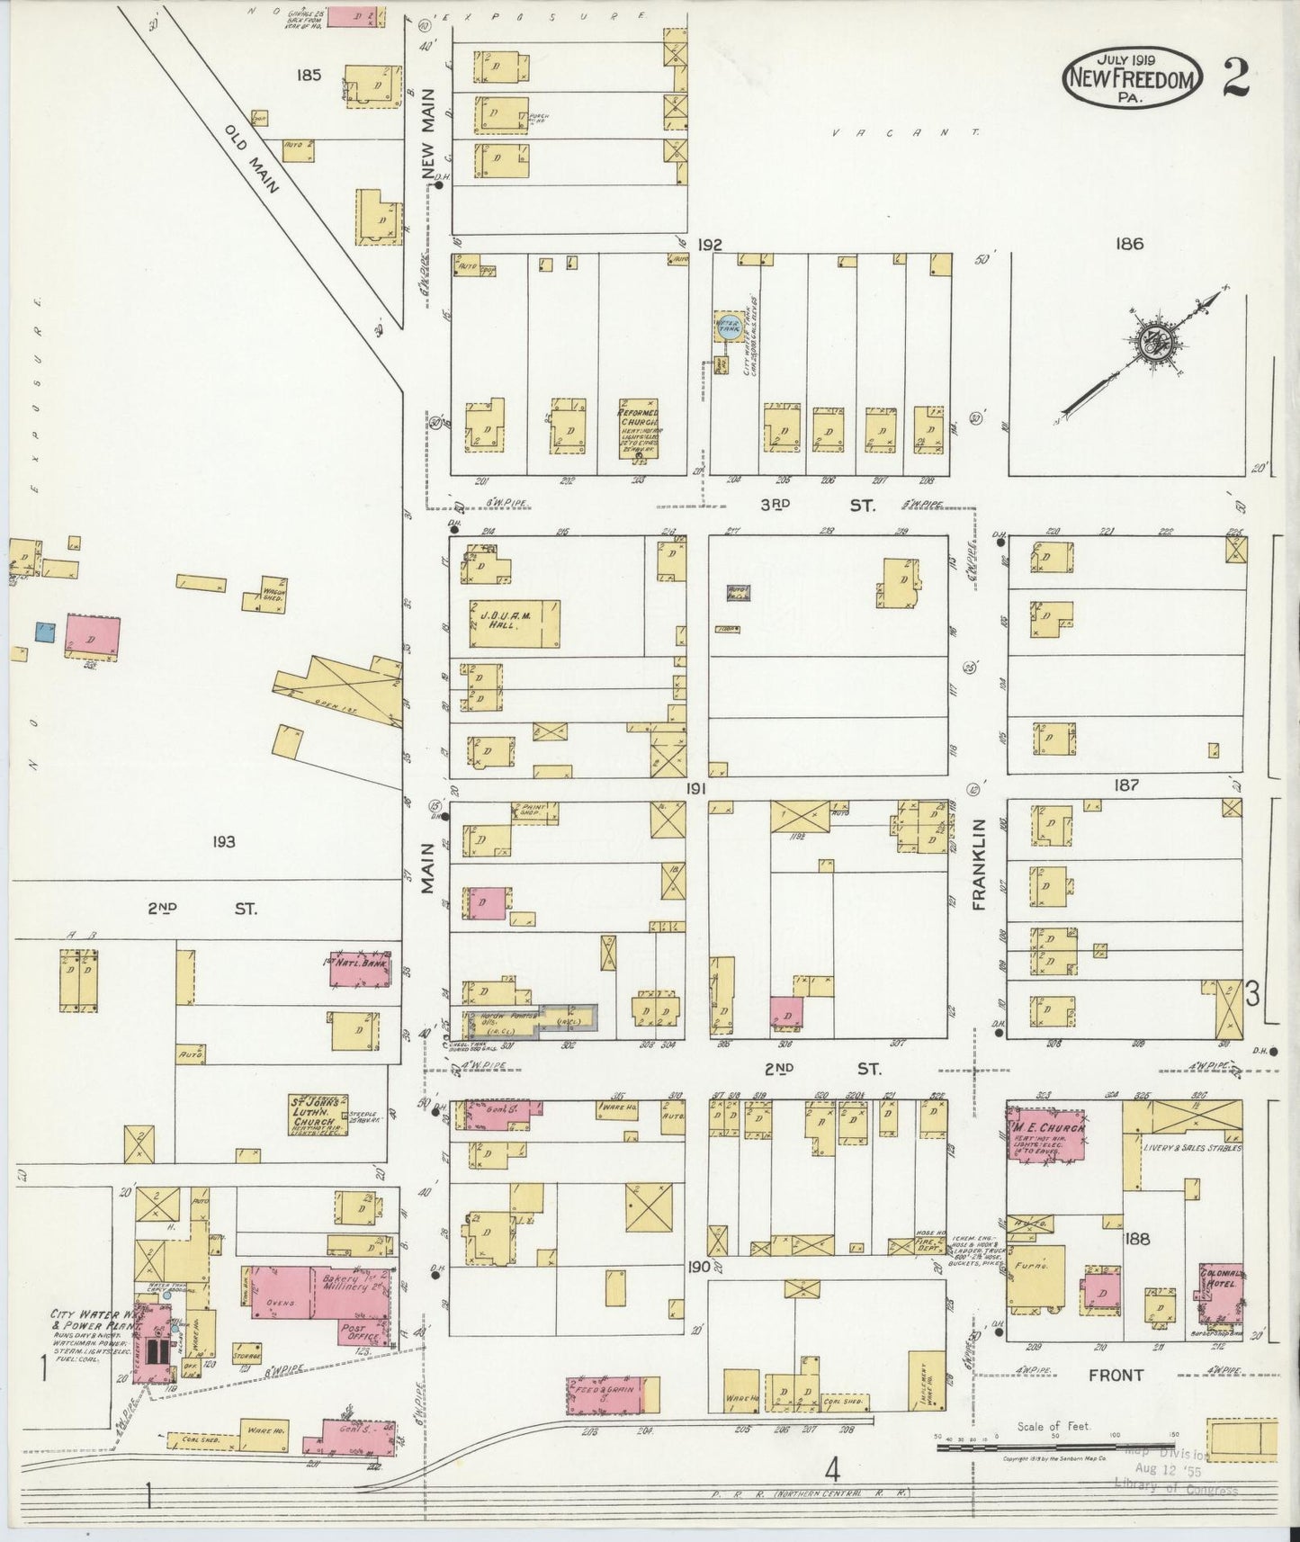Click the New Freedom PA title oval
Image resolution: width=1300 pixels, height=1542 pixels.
1133,79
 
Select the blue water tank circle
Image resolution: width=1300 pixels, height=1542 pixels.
727,327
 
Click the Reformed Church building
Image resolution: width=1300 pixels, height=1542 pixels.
638,428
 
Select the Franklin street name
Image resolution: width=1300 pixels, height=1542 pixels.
980,864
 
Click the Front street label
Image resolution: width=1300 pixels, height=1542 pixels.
1116,1375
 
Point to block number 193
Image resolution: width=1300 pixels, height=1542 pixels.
223,841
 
